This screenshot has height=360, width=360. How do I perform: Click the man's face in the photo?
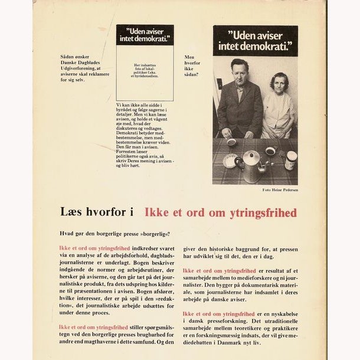tap(238, 73)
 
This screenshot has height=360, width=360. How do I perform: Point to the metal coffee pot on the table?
tap(250, 167)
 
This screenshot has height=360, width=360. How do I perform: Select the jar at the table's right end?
tap(290, 160)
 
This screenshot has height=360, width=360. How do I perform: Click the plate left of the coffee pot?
tap(230, 161)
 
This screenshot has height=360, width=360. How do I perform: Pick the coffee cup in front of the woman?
tap(270, 151)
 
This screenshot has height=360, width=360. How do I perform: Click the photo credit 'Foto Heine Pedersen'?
tap(280, 189)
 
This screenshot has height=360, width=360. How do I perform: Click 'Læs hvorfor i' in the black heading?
tap(98, 212)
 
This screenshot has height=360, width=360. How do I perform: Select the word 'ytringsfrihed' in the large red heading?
tap(266, 212)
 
